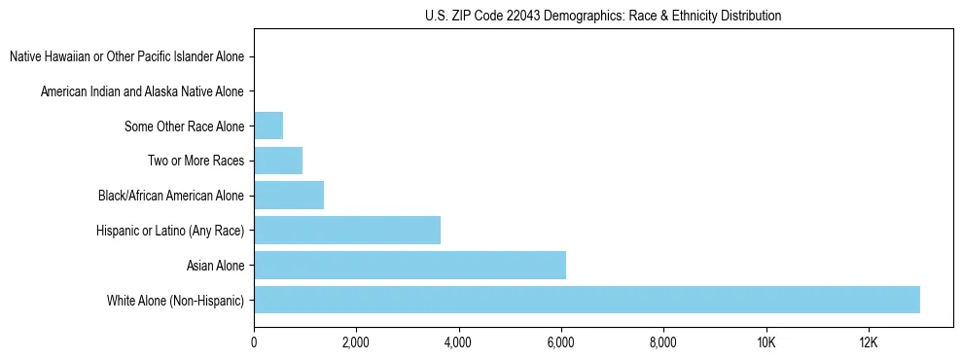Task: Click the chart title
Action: coord(602,16)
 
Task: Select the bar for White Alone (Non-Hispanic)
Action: coord(587,300)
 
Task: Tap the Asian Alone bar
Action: coord(410,265)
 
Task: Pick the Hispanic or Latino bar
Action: coord(347,230)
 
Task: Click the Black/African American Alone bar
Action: coord(289,196)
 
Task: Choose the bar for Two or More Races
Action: coord(278,161)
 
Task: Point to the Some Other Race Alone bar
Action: coord(268,126)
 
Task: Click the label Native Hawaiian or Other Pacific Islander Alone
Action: coord(126,56)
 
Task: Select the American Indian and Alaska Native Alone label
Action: coord(142,91)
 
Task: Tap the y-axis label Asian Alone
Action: coord(215,266)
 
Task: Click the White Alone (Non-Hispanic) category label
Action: coord(175,301)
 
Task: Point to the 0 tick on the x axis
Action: coord(254,342)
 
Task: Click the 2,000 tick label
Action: coord(356,342)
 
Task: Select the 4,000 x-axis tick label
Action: coord(458,342)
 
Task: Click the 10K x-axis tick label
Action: coord(766,342)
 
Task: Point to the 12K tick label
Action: coord(869,342)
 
